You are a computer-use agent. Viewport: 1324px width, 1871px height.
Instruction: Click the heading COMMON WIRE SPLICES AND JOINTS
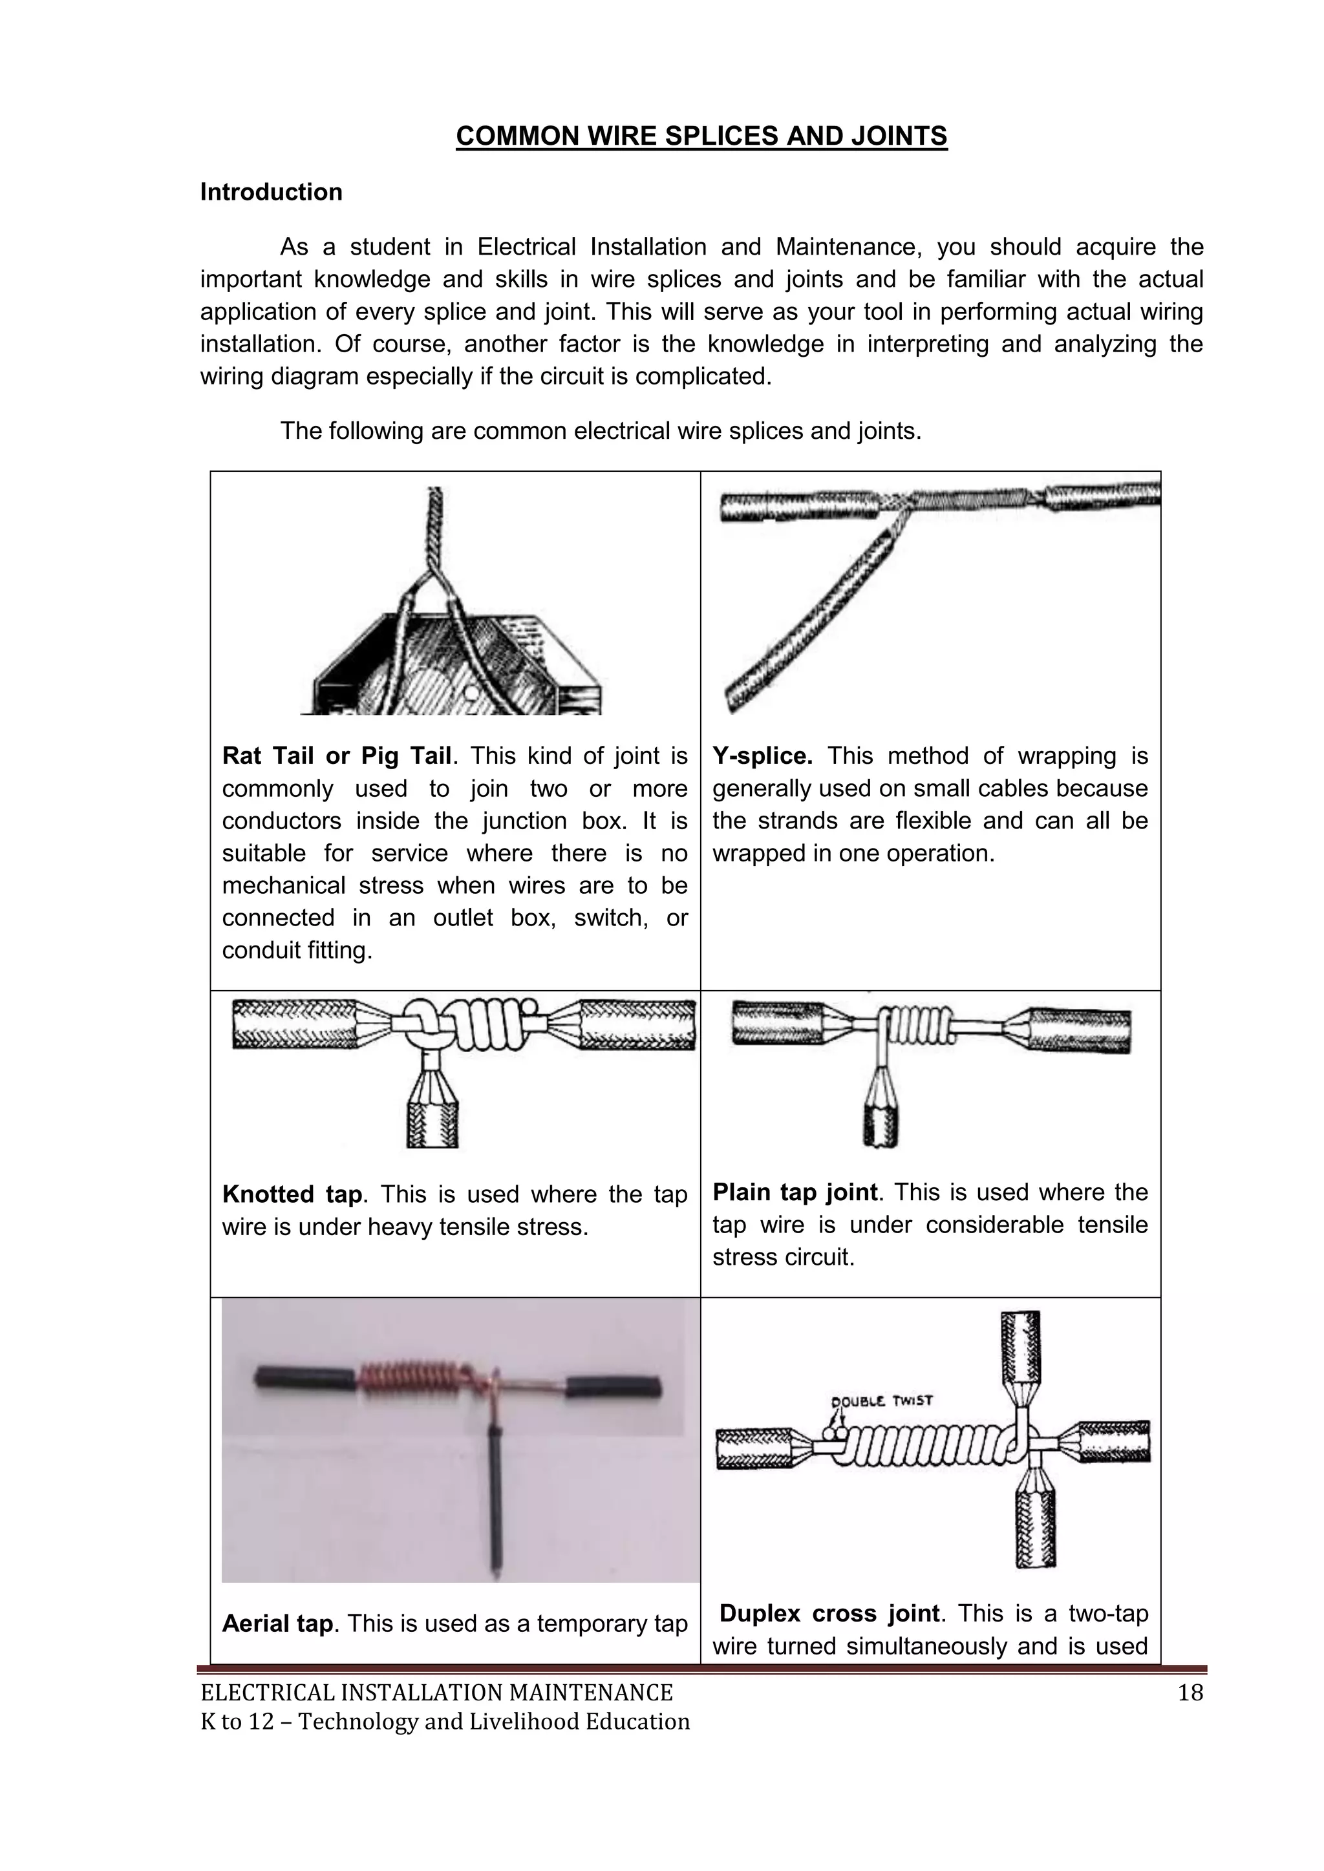[x=701, y=136]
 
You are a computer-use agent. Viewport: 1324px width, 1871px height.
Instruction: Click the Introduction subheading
[x=271, y=193]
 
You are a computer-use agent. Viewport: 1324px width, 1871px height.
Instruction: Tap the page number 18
[x=1190, y=1693]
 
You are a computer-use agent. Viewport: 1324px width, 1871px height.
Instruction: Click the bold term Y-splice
[x=762, y=756]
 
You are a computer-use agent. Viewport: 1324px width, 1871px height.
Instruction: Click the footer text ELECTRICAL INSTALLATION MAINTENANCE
[x=436, y=1693]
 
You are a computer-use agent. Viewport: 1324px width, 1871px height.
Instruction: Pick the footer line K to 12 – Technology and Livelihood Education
[x=445, y=1722]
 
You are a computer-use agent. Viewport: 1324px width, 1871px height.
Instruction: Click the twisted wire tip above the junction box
[x=435, y=522]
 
